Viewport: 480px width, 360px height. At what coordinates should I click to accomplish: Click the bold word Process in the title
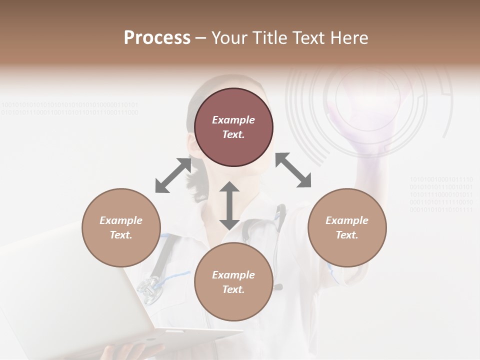tap(157, 38)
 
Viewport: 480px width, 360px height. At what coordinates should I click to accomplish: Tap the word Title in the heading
tap(269, 38)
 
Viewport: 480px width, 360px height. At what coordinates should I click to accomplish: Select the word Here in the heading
tap(348, 38)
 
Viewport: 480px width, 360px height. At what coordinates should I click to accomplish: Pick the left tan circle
tap(121, 227)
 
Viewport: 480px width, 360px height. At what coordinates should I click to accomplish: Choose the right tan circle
tap(347, 227)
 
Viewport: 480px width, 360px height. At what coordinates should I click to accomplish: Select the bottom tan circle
tap(233, 282)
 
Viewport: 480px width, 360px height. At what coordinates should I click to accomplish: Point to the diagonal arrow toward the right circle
tap(293, 170)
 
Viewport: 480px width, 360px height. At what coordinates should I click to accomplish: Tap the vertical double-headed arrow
tap(229, 205)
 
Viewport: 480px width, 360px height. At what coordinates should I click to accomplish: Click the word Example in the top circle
tap(233, 120)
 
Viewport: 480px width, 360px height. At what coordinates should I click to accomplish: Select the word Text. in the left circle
tap(121, 235)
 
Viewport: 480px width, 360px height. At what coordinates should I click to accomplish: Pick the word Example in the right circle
tap(347, 220)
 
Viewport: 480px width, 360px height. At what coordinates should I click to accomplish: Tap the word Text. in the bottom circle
tap(233, 289)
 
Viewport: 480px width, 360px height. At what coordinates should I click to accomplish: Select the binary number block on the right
tap(441, 194)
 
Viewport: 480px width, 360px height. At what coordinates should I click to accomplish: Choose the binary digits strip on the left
tap(70, 108)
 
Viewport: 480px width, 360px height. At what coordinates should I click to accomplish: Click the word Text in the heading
tap(309, 38)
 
